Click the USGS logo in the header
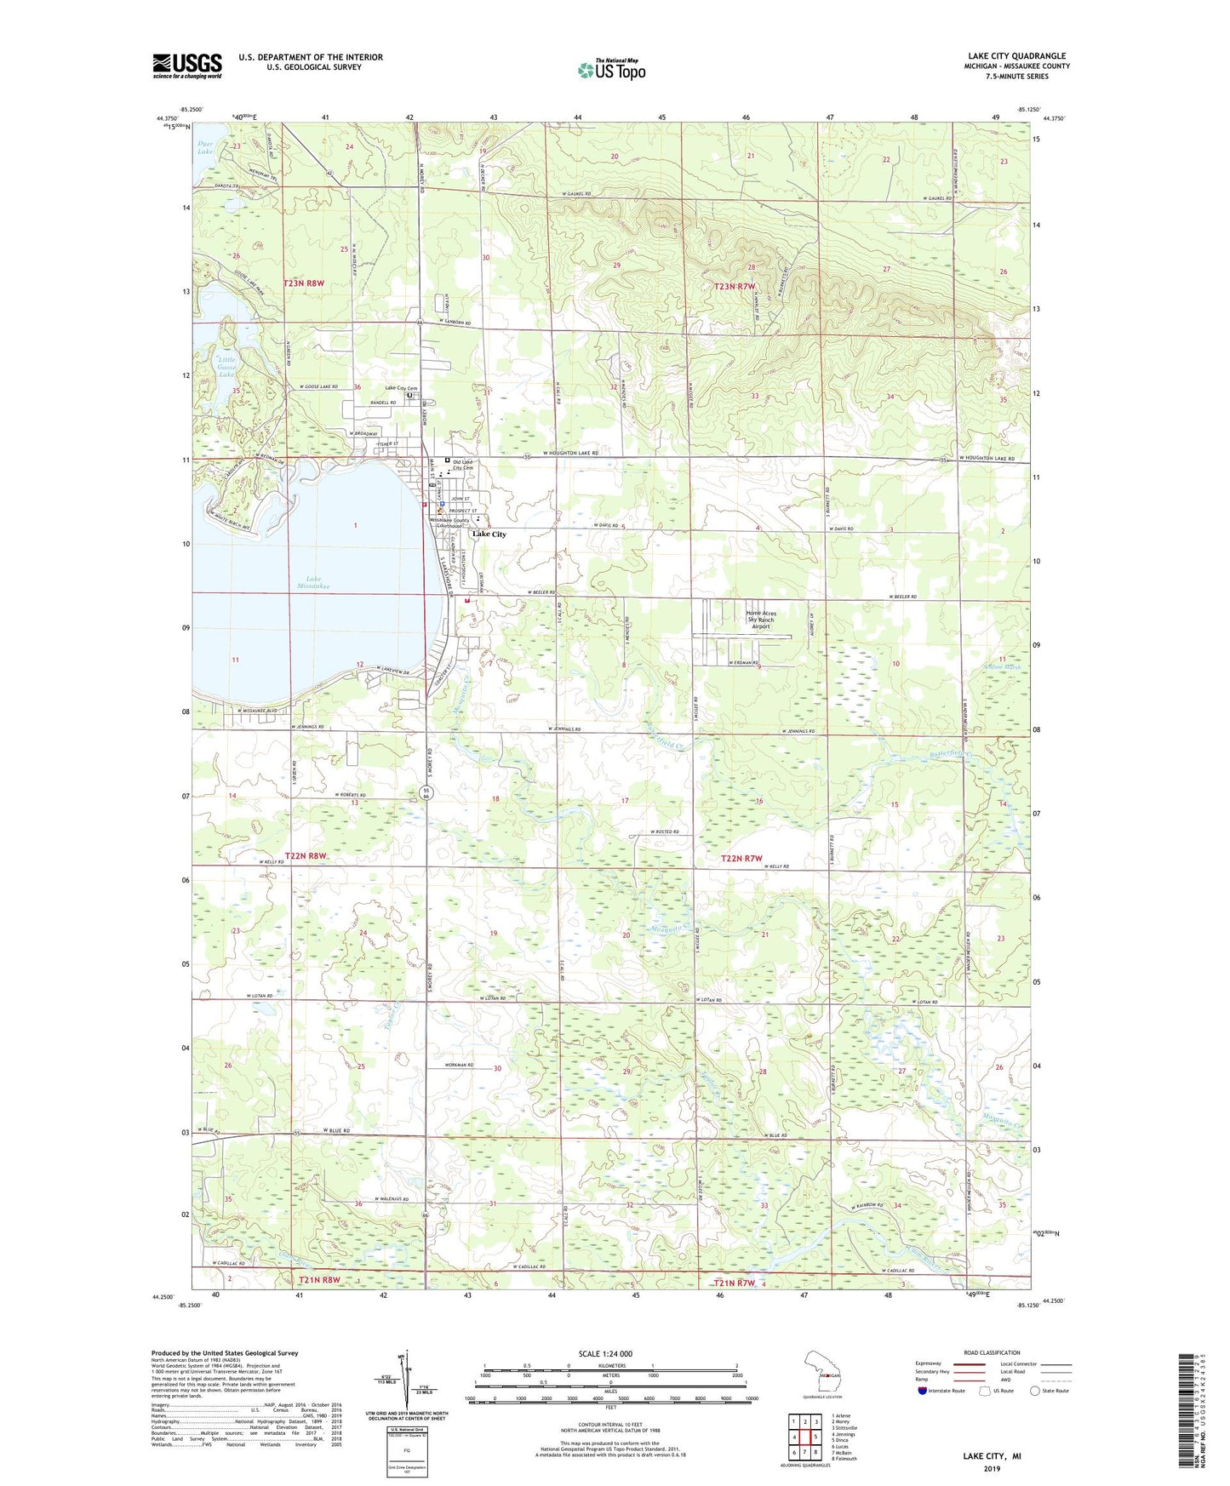187,66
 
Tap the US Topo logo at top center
610,69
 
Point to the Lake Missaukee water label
312,582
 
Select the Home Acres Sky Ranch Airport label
761,619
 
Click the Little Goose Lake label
226,367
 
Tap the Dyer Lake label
205,148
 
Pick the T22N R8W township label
306,855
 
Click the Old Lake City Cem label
467,465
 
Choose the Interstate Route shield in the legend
923,1391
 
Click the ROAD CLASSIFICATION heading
992,1352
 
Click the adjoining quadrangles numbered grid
804,1439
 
